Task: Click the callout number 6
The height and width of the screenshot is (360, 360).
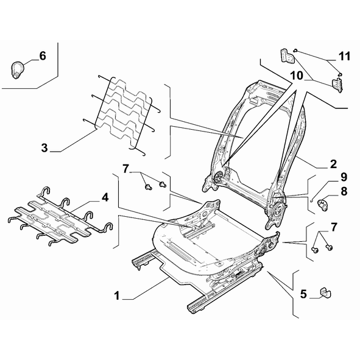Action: tap(43, 56)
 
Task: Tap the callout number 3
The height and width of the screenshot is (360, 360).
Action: tap(44, 147)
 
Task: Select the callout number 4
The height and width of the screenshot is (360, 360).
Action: tap(105, 197)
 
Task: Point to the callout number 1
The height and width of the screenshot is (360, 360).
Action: tap(117, 295)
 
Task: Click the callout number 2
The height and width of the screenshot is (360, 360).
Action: tap(333, 164)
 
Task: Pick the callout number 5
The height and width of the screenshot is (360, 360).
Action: tap(303, 294)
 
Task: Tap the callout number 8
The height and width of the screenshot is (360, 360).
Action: tap(344, 191)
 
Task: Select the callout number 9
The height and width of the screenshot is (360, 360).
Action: tap(344, 177)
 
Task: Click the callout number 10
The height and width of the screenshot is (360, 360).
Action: tap(297, 76)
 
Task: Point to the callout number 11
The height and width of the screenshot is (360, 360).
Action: tap(345, 56)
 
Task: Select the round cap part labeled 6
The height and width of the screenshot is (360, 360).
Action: tap(17, 69)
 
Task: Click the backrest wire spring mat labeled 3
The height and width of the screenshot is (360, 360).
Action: tap(124, 114)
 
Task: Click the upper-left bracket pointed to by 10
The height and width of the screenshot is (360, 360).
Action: tap(288, 56)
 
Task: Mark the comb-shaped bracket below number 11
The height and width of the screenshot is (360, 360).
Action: tap(337, 85)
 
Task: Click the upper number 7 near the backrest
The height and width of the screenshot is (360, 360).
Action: tap(125, 169)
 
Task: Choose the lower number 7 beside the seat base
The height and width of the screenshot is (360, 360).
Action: tap(334, 227)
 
